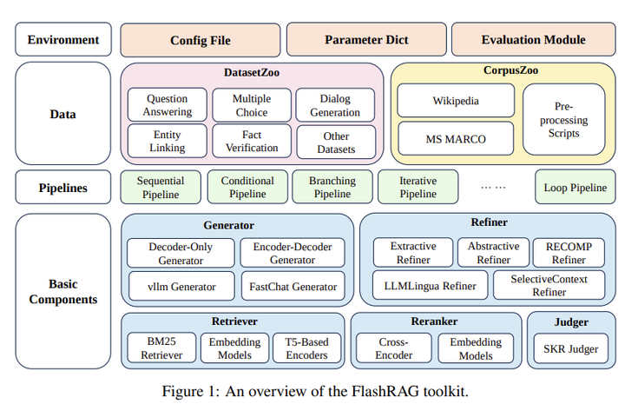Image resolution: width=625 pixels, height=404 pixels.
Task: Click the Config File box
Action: coord(200,40)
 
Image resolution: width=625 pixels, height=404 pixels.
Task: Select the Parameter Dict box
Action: coord(365,40)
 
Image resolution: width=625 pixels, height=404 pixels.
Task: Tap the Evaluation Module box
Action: coord(533,40)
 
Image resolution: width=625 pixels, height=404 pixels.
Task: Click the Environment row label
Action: coord(63,40)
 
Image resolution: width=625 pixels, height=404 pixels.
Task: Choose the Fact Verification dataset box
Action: coord(251,142)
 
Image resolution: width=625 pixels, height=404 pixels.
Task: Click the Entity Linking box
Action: coord(167,142)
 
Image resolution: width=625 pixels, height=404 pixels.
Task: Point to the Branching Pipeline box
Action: coord(332,188)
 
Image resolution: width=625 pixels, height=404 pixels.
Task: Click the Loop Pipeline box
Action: coord(575,188)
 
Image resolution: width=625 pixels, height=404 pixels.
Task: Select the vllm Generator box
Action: coord(181,285)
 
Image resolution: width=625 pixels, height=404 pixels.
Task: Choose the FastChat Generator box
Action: coord(292,285)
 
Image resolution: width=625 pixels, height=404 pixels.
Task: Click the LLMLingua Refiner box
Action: coord(431,285)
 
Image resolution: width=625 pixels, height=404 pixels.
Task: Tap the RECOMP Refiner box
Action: coord(569,253)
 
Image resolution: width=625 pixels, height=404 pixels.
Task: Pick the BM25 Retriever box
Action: coord(161,348)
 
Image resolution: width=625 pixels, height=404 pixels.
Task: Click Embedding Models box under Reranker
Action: coord(475,348)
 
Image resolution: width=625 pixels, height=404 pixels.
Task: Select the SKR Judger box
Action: coord(571,349)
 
